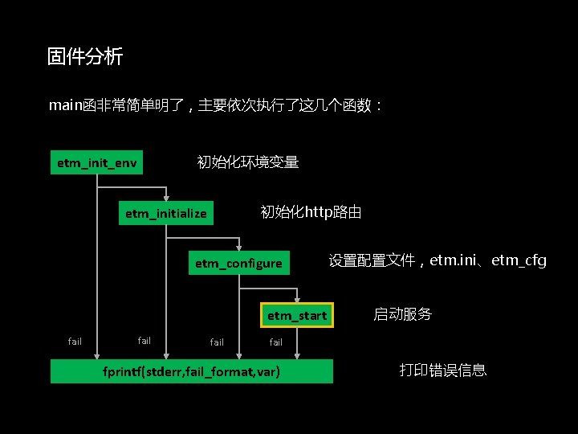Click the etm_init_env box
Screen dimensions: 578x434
(x=97, y=163)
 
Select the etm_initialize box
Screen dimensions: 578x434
(x=166, y=213)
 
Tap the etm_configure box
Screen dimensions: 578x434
(x=238, y=263)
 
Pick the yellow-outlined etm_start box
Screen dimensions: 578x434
(x=297, y=315)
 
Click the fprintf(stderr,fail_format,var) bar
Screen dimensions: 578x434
(x=192, y=372)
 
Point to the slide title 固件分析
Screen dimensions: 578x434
(x=85, y=57)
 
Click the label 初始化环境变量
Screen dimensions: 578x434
(x=248, y=162)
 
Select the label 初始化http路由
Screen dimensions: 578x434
(x=311, y=212)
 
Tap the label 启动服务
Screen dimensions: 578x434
(x=402, y=314)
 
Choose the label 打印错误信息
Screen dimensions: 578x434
(x=443, y=371)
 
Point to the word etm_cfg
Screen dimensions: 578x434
(x=519, y=260)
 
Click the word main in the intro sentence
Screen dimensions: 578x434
(x=65, y=105)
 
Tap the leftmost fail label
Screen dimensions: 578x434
(x=75, y=342)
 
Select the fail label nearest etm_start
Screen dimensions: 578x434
(x=275, y=342)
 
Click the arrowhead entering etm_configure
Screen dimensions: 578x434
(x=238, y=247)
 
